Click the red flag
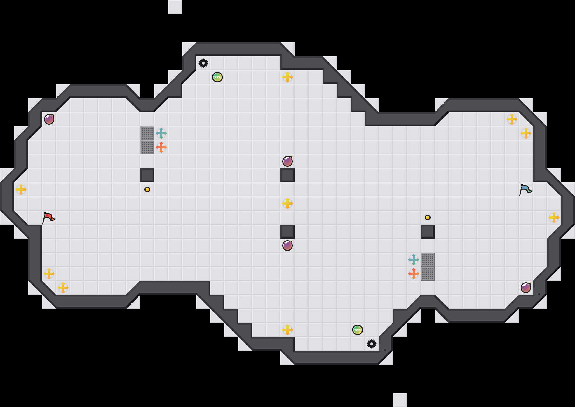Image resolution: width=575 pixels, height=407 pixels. point(48,218)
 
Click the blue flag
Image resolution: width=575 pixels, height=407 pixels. point(525,189)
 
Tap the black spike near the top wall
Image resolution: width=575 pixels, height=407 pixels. point(203,63)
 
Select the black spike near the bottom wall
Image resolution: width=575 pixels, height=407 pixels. point(372,344)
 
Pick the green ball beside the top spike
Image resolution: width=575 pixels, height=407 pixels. point(217,77)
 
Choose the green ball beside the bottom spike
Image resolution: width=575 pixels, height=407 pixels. point(358,330)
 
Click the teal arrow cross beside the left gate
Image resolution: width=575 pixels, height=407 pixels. point(161,133)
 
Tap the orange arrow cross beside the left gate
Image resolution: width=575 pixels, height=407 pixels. point(161,147)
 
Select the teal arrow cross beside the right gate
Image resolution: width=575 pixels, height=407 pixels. point(414,260)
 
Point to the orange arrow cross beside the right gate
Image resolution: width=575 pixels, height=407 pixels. point(414,274)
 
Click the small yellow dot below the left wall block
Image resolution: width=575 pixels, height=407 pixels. point(147,189)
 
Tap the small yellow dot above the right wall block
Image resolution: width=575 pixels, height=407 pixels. point(428,218)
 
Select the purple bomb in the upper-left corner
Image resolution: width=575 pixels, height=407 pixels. point(49,119)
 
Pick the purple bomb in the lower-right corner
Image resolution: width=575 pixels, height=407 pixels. point(526,288)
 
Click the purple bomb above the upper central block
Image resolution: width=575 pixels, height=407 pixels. point(287,161)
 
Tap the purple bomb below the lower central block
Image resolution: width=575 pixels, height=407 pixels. point(287,246)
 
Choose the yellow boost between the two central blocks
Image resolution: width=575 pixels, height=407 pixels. point(287,203)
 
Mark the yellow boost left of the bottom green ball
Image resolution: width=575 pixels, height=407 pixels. point(287,330)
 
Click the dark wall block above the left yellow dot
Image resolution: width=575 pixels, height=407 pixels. point(147,175)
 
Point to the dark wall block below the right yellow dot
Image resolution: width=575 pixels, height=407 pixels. point(428,232)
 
